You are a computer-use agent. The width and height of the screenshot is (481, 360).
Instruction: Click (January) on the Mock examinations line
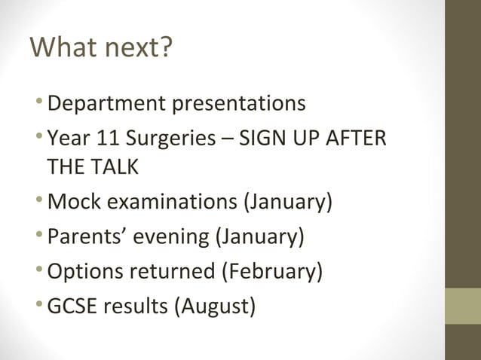click(x=286, y=203)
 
